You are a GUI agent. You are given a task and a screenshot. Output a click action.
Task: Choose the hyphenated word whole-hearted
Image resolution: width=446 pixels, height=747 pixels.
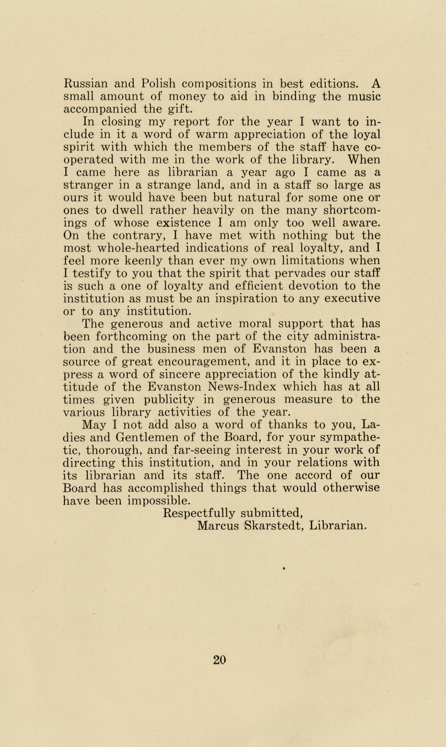tap(138, 248)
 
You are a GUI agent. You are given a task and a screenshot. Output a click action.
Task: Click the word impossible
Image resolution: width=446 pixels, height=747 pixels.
tap(159, 501)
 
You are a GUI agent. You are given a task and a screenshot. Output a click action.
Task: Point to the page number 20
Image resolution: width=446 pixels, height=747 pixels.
tap(220, 660)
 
